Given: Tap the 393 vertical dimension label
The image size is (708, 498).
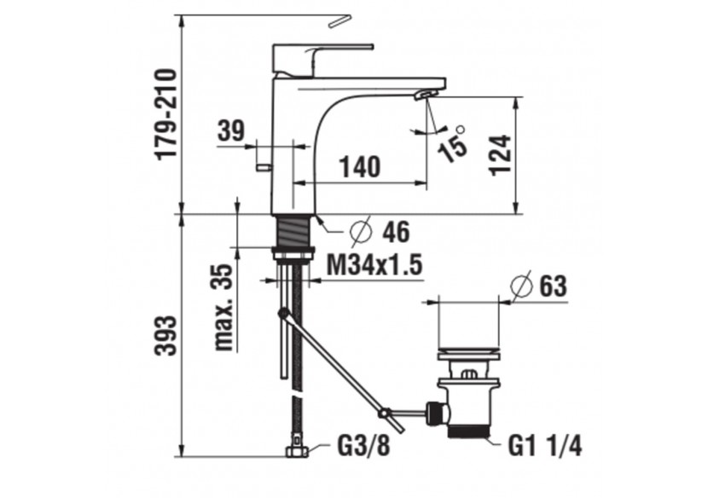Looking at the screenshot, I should click(165, 335).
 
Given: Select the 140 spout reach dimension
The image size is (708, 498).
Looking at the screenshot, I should click(359, 167).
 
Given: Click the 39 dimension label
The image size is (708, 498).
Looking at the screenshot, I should click(229, 131).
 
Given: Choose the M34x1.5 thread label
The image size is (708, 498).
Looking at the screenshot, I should click(375, 265).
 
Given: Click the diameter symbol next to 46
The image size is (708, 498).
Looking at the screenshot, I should click(360, 230).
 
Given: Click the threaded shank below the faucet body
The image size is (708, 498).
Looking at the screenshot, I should click(293, 230).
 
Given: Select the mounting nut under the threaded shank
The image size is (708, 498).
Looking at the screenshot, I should click(293, 253).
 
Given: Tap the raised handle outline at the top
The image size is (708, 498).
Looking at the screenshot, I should click(340, 19).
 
